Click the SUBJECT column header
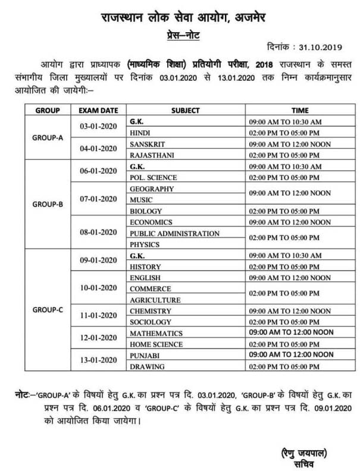pyautogui.click(x=185, y=110)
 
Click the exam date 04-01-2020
pyautogui.click(x=96, y=149)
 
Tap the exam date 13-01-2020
pyautogui.click(x=96, y=359)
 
